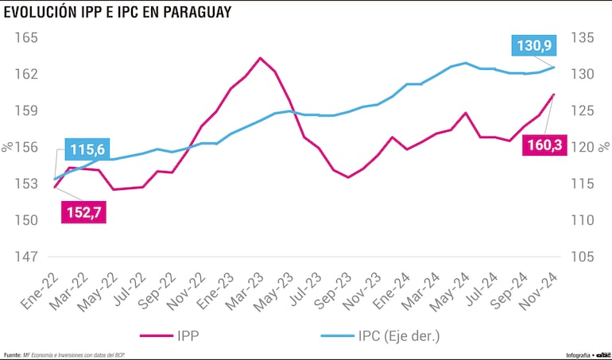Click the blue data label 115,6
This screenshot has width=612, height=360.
pos(88,149)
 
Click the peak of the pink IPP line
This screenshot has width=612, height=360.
pos(260,58)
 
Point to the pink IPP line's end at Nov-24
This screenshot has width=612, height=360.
pos(554,95)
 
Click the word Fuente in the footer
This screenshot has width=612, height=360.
pos(12,354)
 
